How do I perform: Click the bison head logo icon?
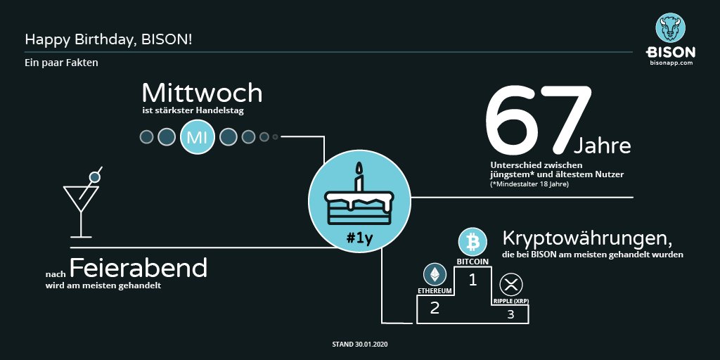tap(671, 27)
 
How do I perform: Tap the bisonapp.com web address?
tap(671, 63)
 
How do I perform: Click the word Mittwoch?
tap(202, 93)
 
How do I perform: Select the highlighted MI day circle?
tap(196, 136)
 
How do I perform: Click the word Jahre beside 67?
tap(603, 146)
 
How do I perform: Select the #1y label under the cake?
tap(359, 238)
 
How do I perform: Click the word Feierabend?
tap(139, 268)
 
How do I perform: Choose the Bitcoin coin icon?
tap(472, 243)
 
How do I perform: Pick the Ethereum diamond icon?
tap(435, 275)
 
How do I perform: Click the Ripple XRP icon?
tap(511, 285)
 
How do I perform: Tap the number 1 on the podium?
tap(473, 281)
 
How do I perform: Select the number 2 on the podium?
tap(435, 307)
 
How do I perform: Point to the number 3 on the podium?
tap(510, 314)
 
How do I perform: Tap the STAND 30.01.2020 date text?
tap(359, 345)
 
